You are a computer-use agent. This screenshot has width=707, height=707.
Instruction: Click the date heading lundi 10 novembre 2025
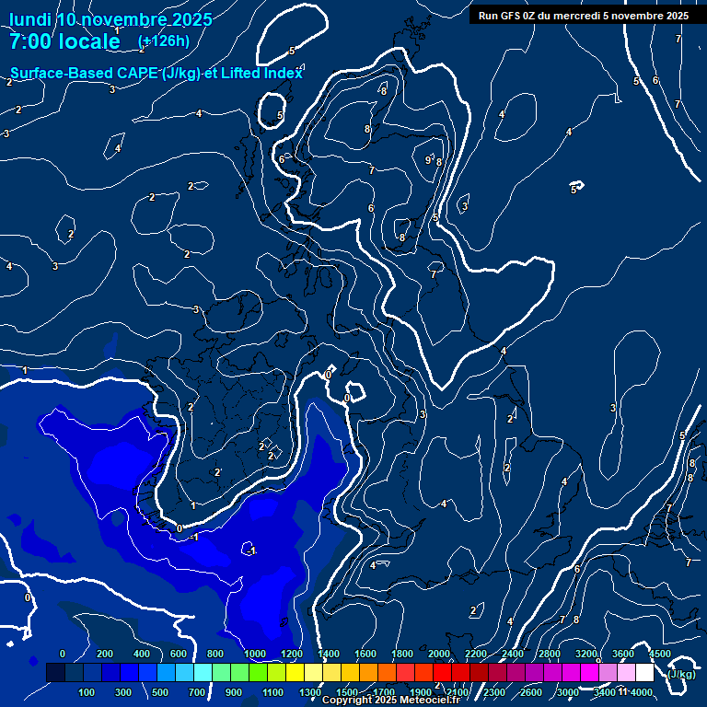tap(110, 19)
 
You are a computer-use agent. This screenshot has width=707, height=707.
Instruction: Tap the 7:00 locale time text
tap(64, 41)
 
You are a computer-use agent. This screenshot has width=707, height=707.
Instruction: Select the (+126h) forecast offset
tap(164, 41)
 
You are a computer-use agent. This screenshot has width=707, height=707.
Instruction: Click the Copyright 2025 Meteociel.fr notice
tap(390, 701)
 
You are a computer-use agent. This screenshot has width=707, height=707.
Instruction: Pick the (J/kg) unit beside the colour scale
tap(681, 674)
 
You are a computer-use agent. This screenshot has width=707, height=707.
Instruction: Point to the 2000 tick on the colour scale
tap(439, 654)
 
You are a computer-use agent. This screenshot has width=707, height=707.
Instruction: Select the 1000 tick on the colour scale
tap(255, 654)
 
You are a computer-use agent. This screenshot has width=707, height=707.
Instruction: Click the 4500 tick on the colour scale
tap(660, 654)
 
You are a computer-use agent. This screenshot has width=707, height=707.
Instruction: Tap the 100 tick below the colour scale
tap(87, 692)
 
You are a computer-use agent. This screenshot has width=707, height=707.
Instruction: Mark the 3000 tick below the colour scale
tap(568, 692)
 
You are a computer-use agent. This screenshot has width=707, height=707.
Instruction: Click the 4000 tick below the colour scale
tap(642, 692)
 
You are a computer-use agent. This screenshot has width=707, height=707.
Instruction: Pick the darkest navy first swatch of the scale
tap(55, 674)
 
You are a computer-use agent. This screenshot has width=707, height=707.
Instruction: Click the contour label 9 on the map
tap(428, 160)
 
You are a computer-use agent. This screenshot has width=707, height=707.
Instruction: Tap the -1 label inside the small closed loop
tap(252, 551)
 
